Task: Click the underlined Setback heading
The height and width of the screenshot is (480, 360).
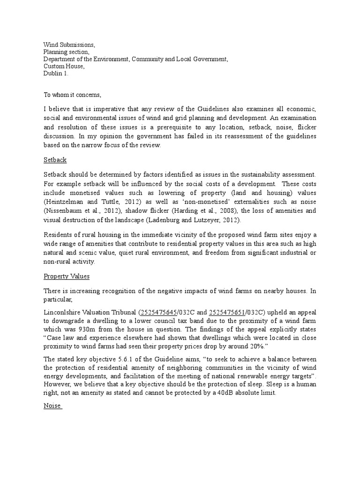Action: (x=55, y=160)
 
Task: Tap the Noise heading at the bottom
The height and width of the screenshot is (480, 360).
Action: (x=52, y=406)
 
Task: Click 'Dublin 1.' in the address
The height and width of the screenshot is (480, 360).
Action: (x=56, y=74)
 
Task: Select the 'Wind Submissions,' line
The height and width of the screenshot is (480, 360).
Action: (x=69, y=45)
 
